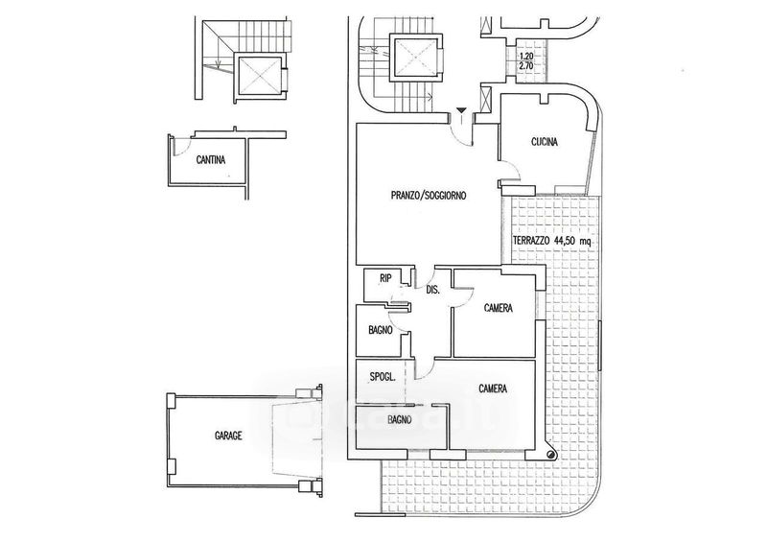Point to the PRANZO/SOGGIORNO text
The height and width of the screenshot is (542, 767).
coord(429,196)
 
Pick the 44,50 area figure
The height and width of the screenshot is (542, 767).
coord(577,240)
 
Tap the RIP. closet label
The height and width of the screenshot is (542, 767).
coord(385,279)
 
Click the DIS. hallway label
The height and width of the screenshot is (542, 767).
coord(432,290)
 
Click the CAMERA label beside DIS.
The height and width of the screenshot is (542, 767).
coord(497,309)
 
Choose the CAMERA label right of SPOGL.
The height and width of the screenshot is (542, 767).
coord(492,389)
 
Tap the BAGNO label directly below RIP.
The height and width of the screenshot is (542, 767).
coord(382,332)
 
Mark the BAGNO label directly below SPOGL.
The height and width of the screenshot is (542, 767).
coord(400,420)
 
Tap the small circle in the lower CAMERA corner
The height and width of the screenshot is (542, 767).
coord(550,455)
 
